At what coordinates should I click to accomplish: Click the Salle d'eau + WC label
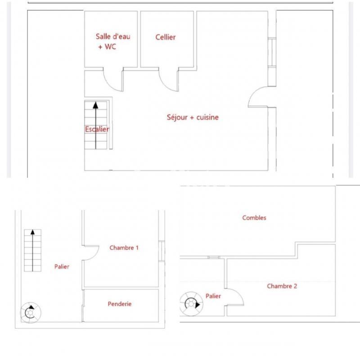click(106, 41)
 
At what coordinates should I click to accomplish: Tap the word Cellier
click(166, 37)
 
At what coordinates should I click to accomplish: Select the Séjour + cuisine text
click(193, 117)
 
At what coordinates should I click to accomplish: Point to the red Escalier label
click(97, 130)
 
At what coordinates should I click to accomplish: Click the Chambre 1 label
click(124, 247)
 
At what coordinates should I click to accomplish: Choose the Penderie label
click(120, 304)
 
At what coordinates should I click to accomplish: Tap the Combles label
click(254, 218)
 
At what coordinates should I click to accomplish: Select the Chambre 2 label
click(282, 286)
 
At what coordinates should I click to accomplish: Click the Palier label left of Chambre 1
click(62, 267)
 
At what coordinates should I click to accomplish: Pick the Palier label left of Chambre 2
click(213, 296)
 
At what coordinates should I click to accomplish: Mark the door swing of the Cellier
click(168, 80)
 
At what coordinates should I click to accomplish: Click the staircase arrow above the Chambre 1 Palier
click(32, 250)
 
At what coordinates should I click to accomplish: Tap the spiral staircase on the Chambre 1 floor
click(31, 311)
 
